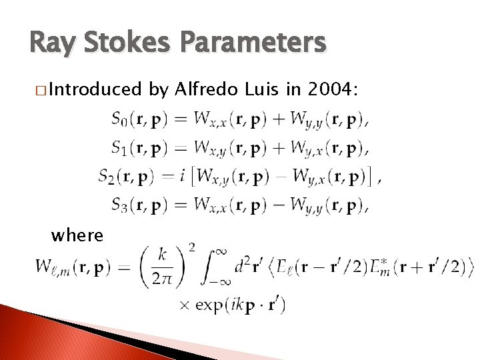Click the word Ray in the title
point(53,43)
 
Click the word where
point(77,235)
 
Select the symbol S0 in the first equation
point(119,120)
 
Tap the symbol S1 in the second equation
point(119,148)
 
